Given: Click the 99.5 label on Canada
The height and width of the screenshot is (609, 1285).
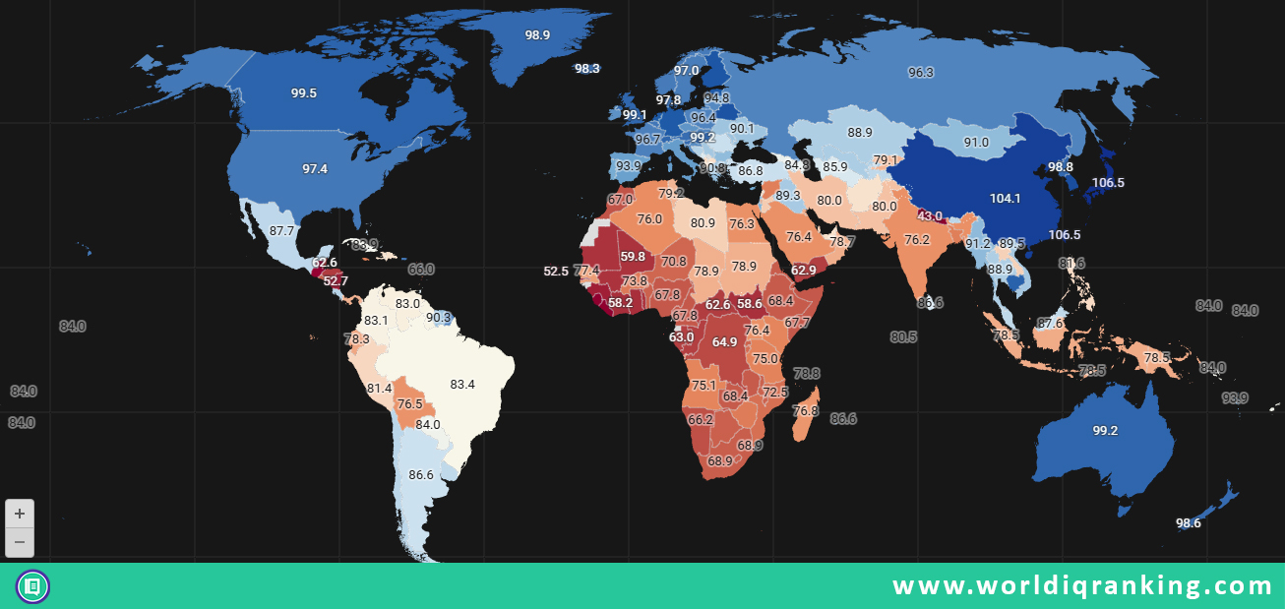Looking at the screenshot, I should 303,93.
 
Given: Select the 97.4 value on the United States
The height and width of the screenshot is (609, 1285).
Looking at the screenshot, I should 315,169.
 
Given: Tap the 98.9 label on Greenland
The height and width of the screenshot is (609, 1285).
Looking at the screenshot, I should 537,34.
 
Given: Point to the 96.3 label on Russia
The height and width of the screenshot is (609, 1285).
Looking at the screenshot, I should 921,73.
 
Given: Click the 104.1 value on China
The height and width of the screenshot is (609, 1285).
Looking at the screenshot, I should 1005,199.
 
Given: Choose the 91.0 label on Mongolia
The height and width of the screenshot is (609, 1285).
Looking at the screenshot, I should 976,143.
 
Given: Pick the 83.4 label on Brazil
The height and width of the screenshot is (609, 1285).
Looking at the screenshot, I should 462,385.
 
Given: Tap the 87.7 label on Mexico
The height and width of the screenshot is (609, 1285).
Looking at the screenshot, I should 281,231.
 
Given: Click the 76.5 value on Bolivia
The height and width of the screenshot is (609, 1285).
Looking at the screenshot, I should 409,404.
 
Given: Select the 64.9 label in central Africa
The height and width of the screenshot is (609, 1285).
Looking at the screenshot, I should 724,342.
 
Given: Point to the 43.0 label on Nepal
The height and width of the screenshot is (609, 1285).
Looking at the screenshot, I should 930,216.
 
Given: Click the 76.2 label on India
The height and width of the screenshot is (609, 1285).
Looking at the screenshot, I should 917,240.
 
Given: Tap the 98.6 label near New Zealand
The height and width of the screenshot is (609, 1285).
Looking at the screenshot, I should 1189,523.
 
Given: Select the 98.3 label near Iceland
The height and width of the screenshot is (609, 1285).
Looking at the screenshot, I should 587,69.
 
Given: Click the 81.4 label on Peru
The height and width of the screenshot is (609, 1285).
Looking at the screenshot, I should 379,389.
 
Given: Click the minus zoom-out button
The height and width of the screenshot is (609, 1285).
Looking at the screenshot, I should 20,542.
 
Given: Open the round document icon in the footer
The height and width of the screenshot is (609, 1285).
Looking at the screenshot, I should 32,586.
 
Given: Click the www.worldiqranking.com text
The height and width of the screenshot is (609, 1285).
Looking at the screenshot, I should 1082,586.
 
